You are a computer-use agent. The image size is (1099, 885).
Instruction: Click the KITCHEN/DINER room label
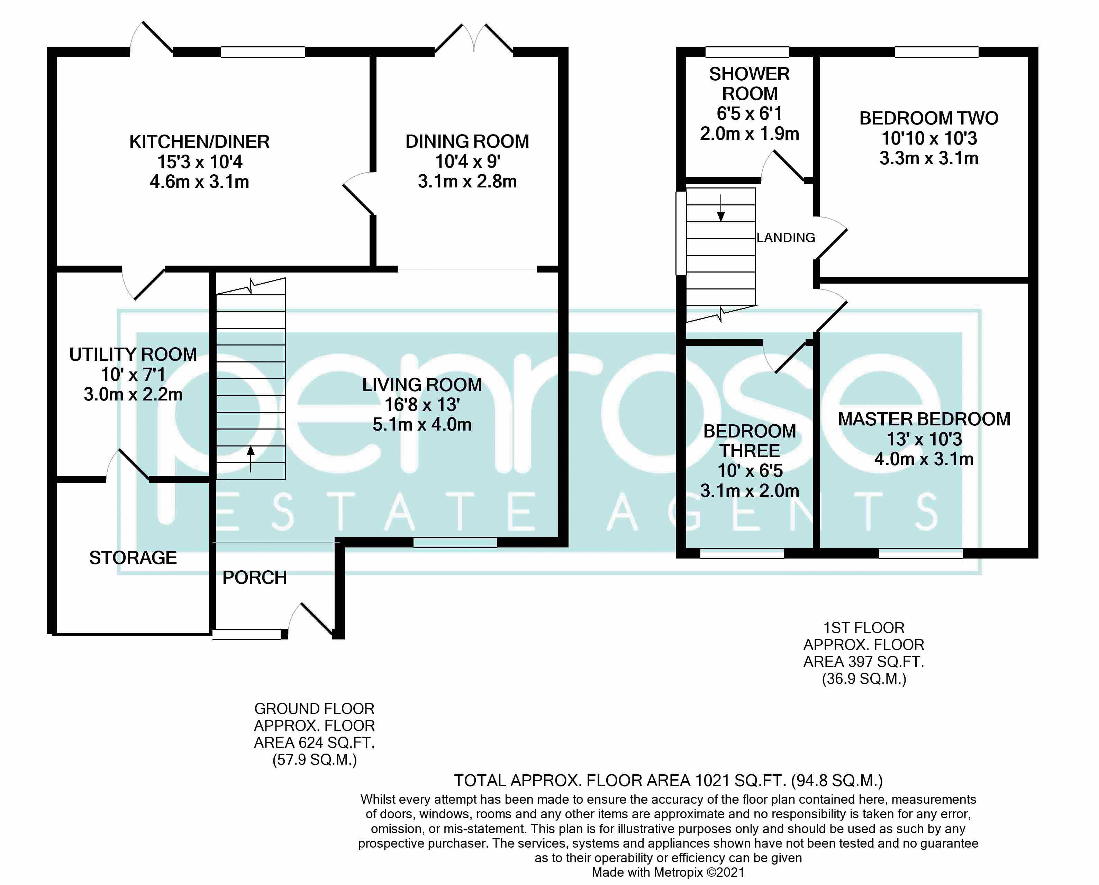199,142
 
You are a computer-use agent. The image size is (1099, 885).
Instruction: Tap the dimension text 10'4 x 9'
467,162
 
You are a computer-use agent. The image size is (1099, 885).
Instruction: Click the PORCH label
254,578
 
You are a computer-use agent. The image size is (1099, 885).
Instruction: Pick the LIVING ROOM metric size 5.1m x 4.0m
422,424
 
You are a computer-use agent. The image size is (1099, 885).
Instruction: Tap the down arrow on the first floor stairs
720,209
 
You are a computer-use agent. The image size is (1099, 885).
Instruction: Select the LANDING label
785,238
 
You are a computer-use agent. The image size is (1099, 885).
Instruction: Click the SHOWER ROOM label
749,84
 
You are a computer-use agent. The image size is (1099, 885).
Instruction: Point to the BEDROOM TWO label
929,118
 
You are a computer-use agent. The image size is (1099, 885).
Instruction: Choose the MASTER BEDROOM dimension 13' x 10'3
924,439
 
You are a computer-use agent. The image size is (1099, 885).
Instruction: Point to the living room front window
455,542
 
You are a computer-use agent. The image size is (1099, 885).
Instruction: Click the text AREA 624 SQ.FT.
314,743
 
